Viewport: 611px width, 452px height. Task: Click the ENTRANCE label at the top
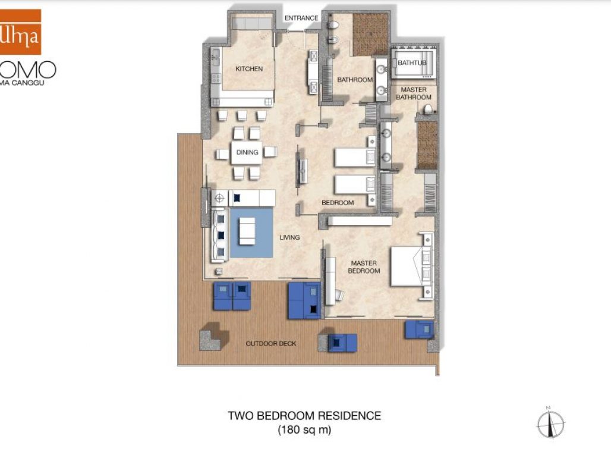(x=301, y=18)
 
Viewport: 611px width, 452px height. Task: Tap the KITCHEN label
(x=249, y=69)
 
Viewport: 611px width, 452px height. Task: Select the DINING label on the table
(x=247, y=153)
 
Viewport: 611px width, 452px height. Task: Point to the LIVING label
(x=289, y=238)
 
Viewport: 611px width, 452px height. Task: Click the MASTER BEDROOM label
(x=365, y=266)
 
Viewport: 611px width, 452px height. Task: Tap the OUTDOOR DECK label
(x=271, y=344)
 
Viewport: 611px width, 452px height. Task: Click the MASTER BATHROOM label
(x=414, y=93)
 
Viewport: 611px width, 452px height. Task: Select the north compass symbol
(x=550, y=424)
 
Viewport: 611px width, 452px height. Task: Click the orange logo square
(x=20, y=32)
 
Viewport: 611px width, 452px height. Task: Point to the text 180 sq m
(x=304, y=429)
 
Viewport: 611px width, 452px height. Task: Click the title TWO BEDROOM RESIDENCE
(x=304, y=416)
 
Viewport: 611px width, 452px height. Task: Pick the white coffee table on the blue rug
(x=247, y=231)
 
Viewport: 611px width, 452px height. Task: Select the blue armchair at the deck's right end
(x=419, y=329)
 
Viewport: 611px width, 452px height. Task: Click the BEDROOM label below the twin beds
(x=338, y=203)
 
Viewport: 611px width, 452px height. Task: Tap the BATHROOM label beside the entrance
(x=355, y=80)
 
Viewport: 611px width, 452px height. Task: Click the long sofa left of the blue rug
(x=219, y=236)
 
